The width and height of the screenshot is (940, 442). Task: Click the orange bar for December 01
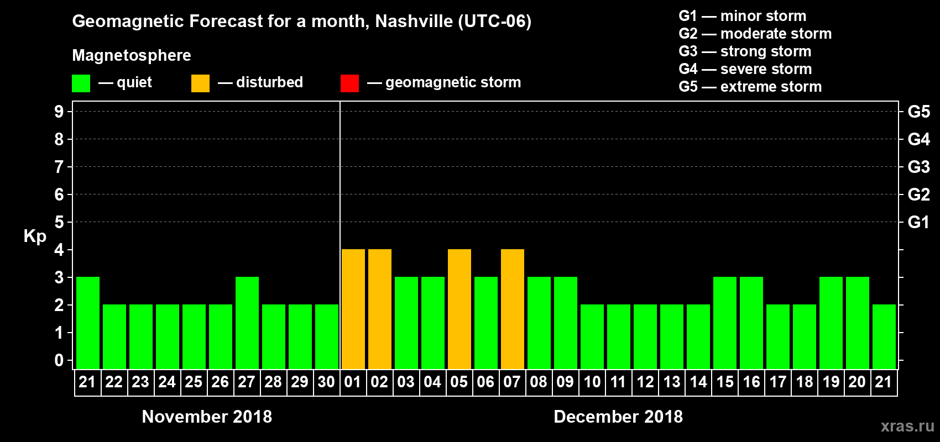(353, 309)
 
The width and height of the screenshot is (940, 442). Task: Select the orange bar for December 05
(459, 309)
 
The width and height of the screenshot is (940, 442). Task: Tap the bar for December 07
(513, 309)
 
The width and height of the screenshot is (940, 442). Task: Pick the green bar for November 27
(247, 323)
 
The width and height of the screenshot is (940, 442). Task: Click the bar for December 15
(725, 323)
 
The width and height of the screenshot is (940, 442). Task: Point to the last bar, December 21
(884, 336)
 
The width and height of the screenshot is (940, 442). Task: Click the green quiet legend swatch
(81, 83)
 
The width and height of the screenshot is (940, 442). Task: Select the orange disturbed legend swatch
(200, 83)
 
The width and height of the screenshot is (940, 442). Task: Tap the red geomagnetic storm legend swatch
(349, 83)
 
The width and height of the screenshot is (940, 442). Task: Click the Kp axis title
(35, 236)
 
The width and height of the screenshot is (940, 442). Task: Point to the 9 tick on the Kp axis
(59, 112)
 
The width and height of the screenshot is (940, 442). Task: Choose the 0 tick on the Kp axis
(59, 360)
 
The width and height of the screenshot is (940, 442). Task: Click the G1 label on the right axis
(918, 222)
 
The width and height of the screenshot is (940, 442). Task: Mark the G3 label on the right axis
(918, 167)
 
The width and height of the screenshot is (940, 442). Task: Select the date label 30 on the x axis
(326, 382)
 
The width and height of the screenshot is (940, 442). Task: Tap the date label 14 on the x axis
(698, 382)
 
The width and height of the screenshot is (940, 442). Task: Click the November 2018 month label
(207, 417)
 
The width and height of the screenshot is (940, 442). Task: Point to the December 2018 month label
(618, 417)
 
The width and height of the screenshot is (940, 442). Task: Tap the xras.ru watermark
(907, 426)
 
